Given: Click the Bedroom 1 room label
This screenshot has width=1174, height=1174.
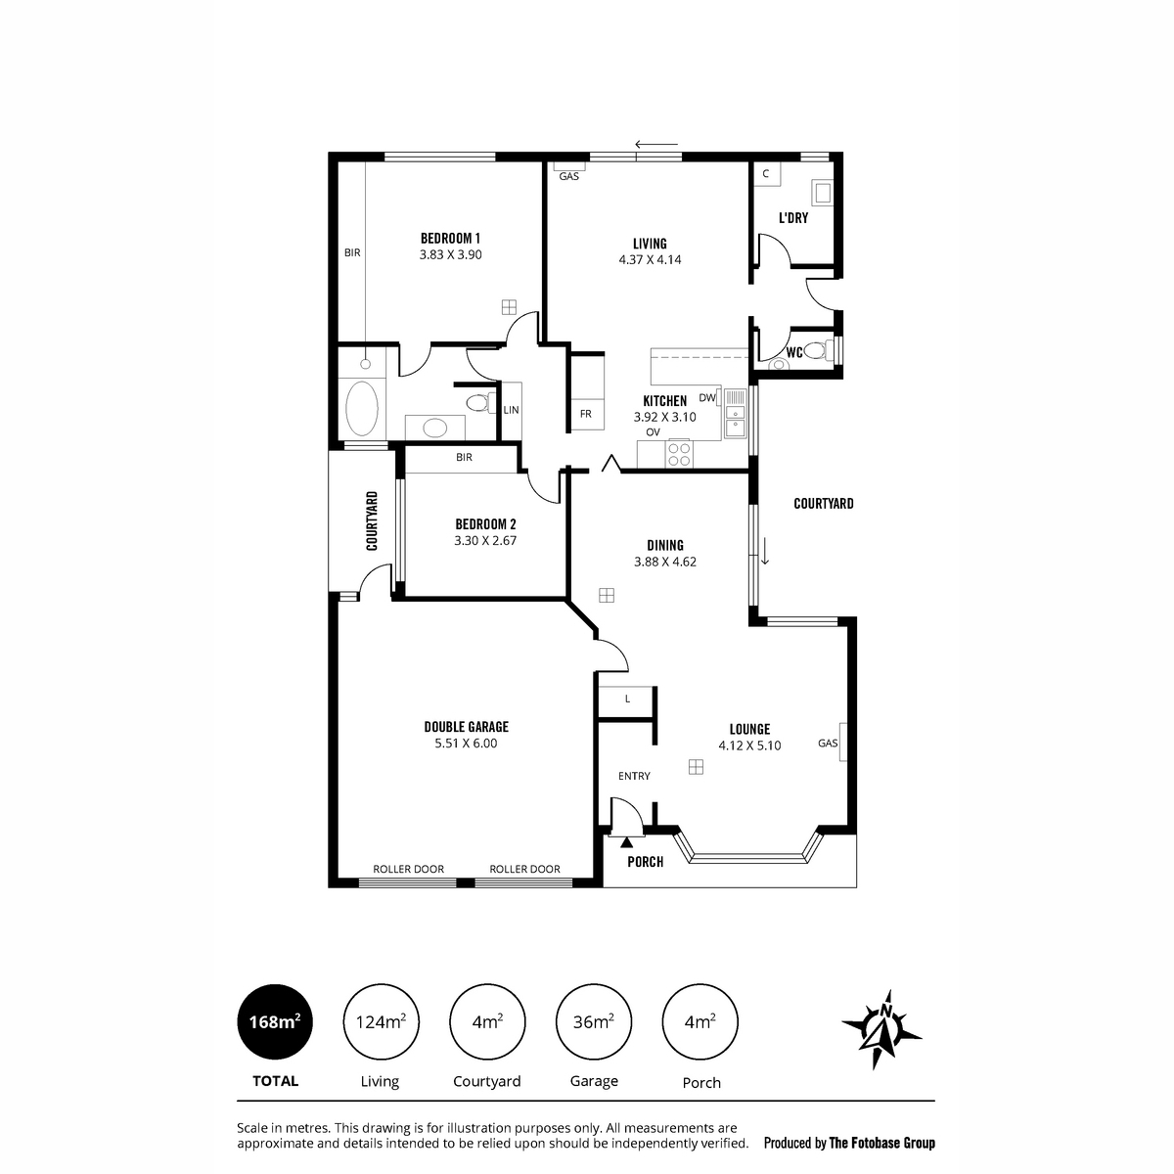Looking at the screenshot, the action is pos(450,238).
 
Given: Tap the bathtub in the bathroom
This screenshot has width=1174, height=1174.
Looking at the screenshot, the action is pos(361,408).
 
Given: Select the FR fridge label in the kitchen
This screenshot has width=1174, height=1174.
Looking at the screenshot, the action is pos(585,414).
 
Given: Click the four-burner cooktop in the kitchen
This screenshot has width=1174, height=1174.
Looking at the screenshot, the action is pos(679,454).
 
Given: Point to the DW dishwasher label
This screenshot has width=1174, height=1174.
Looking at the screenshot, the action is pos(706,398).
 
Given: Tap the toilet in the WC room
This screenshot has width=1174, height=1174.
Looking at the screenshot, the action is pos(816,350).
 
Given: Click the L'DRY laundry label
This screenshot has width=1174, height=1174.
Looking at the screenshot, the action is pos(793,217).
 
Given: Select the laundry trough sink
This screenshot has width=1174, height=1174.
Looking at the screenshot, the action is pos(822,193).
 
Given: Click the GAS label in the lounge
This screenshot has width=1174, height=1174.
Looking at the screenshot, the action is pos(828,744).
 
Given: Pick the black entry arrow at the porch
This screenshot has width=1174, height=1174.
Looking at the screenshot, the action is pos(626,842).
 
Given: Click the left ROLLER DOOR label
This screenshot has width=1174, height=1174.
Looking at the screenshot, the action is pos(408,869).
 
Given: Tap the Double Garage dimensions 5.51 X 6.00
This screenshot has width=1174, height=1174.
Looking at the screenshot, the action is pos(466,744).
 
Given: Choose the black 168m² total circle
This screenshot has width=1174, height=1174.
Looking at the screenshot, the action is pos(275,1021).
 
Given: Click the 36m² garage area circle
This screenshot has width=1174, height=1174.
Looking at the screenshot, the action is pos(594,1021).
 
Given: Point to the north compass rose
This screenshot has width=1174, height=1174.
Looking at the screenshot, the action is pos(881,1029).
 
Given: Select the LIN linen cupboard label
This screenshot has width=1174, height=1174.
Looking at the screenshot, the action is pos(511,410).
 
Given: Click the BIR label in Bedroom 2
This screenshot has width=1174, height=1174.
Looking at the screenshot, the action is pos(464,457).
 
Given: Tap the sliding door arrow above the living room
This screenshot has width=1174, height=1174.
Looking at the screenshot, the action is pos(656,145).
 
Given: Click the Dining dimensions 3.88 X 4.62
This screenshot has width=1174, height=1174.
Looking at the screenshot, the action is pos(664,562).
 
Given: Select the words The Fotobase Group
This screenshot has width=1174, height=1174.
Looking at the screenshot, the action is pos(881,1143).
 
